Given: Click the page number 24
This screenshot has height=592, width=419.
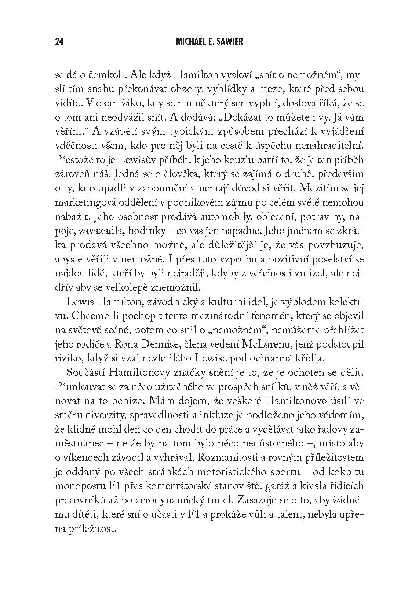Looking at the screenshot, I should click(59, 42).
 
